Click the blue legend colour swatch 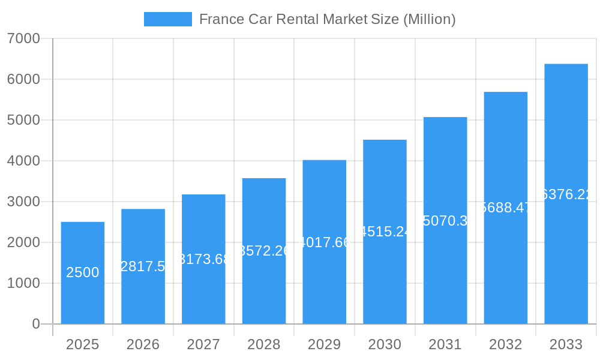point(168,19)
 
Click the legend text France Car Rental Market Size point(327,19)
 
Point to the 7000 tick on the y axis point(23,38)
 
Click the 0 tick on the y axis point(35,324)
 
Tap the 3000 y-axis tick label point(23,202)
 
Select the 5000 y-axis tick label point(23,120)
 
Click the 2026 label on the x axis point(143,344)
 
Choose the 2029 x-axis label point(324,344)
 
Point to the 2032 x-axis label point(505,344)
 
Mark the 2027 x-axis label point(203,344)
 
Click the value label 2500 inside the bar point(83,272)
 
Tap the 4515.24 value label point(385,232)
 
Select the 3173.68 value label point(204,259)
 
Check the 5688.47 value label point(506,208)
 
